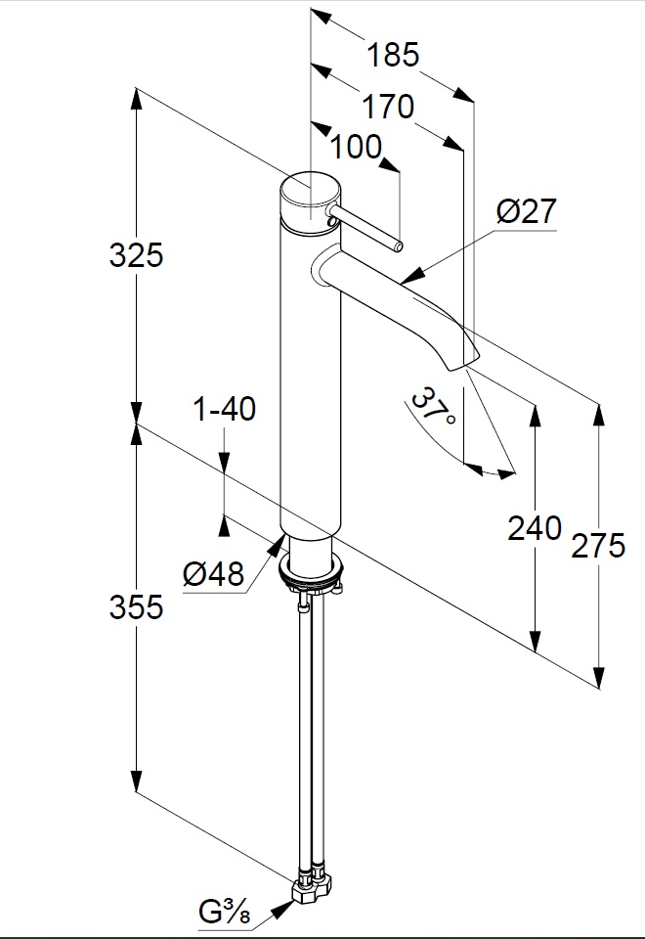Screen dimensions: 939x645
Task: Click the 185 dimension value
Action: click(393, 55)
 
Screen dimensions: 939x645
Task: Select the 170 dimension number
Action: click(388, 106)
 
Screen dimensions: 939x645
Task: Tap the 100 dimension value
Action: click(356, 148)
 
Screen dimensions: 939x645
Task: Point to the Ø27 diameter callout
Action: click(526, 211)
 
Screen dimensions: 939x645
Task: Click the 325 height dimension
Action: click(136, 256)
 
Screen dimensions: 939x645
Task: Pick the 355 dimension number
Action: click(136, 607)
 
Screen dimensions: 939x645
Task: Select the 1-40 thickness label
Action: click(225, 409)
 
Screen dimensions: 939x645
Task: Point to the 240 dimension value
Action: click(535, 528)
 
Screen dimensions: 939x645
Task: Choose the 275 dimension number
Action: click(597, 545)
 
